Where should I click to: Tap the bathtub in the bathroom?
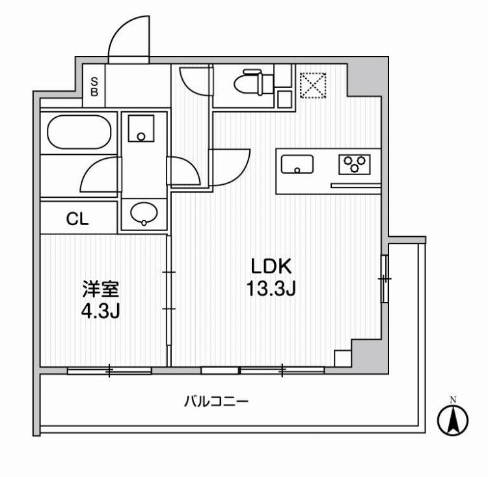point(79,133)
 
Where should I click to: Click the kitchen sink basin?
point(297,165)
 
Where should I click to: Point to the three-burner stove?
point(355,164)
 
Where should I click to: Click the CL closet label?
point(77,219)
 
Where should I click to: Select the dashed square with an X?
point(312,85)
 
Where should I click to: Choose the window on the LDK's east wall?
point(385,279)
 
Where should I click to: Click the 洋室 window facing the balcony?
point(109,371)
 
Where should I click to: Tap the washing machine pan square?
point(141,128)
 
